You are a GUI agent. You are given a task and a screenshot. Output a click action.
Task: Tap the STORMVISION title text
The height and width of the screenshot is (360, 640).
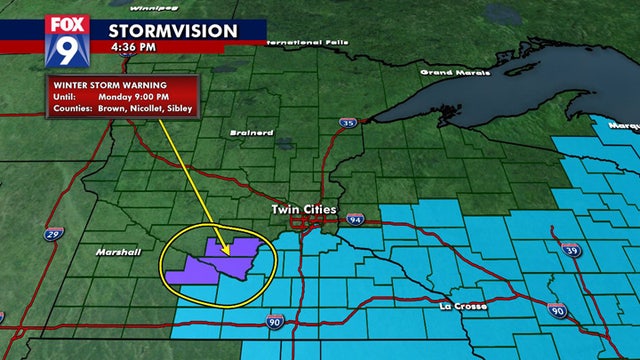pos(173,30)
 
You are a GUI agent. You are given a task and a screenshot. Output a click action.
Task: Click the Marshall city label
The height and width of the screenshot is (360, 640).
pos(117,252)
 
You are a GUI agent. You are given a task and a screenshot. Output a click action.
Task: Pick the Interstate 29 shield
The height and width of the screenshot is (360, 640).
pos(52,234)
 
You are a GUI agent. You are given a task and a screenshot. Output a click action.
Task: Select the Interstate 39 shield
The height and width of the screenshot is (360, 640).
pos(569,249)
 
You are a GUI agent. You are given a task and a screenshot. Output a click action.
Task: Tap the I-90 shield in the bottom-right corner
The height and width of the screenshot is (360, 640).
pos(587,313)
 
